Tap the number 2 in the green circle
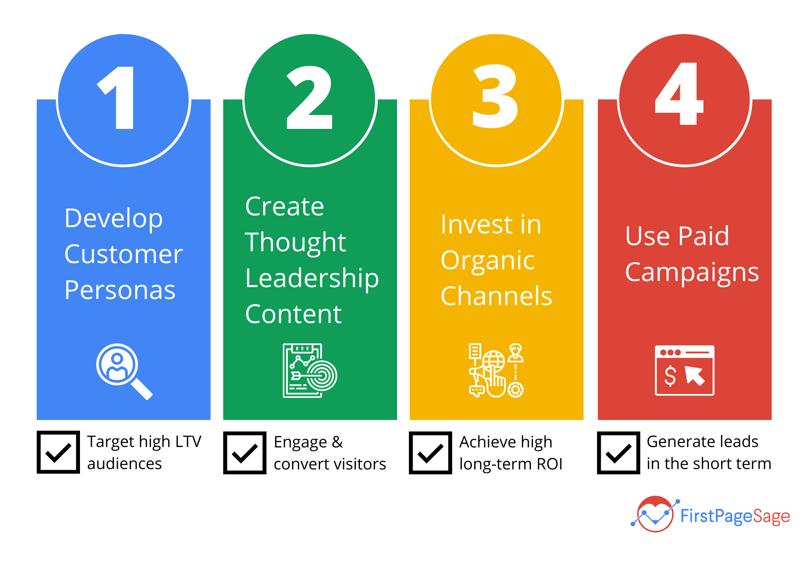click(310, 98)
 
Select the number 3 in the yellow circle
click(495, 96)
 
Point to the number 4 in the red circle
click(679, 94)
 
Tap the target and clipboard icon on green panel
click(309, 370)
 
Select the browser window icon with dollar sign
click(684, 370)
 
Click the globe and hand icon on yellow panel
click(496, 370)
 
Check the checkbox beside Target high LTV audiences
click(58, 452)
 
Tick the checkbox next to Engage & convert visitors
click(245, 453)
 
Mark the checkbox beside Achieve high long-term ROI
click(431, 453)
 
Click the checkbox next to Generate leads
click(618, 453)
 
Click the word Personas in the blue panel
click(120, 290)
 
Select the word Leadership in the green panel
click(312, 279)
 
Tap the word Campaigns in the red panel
click(692, 272)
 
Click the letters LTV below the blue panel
click(188, 442)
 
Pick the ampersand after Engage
click(337, 442)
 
